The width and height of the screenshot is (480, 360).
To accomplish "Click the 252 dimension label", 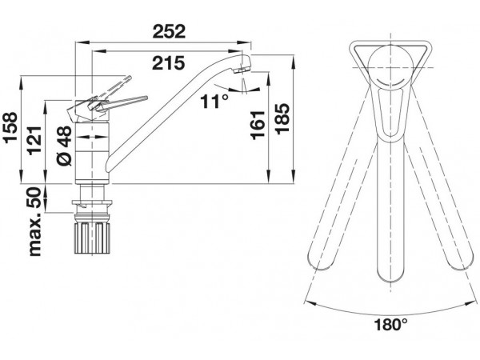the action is (169, 31).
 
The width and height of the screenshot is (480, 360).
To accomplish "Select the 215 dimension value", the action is (169, 63).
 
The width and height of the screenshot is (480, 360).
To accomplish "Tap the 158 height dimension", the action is (10, 127).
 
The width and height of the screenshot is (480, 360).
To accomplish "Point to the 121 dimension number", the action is (34, 140).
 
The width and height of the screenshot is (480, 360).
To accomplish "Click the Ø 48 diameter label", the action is (65, 146).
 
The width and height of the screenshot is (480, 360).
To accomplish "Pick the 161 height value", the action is (258, 126).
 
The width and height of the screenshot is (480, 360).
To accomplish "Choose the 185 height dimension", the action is (282, 118).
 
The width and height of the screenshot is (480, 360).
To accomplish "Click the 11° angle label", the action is (214, 102).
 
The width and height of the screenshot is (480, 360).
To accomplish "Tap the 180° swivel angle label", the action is (391, 325).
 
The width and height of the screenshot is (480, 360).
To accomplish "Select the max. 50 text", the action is (34, 222).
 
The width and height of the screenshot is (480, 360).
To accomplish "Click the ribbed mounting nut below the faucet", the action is (92, 238).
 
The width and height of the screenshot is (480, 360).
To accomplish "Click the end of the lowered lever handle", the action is (146, 98).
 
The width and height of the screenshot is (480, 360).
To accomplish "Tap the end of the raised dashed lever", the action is (130, 77).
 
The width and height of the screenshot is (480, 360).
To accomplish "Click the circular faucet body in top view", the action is (390, 67).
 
